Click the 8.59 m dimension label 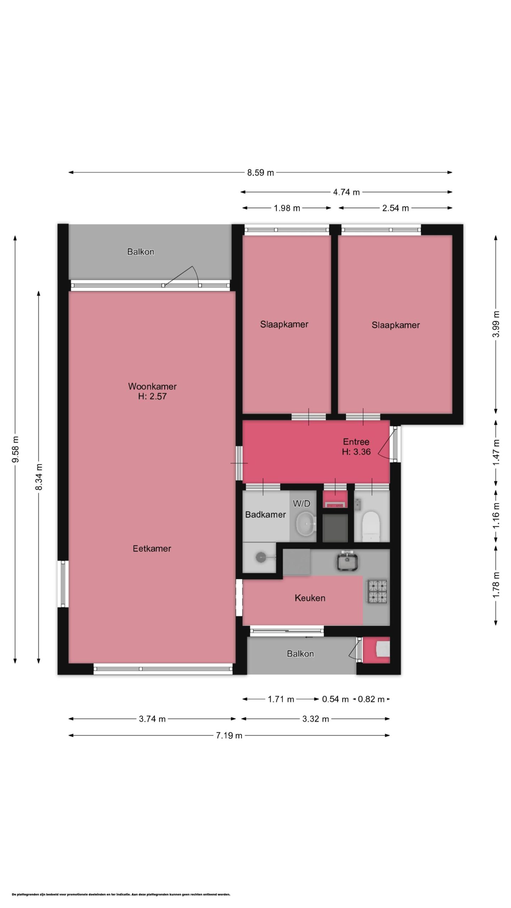pyautogui.click(x=260, y=173)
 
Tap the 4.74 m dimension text pyautogui.click(x=346, y=192)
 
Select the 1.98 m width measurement pyautogui.click(x=287, y=208)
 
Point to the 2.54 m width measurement pyautogui.click(x=395, y=208)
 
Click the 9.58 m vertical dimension pyautogui.click(x=15, y=449)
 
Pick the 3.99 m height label pyautogui.click(x=496, y=325)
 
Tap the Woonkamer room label pyautogui.click(x=152, y=386)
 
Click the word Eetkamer pyautogui.click(x=152, y=548)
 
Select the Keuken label pyautogui.click(x=310, y=598)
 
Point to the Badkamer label pyautogui.click(x=265, y=514)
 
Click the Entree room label pyautogui.click(x=356, y=442)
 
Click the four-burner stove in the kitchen pyautogui.click(x=378, y=592)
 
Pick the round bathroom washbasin pyautogui.click(x=306, y=523)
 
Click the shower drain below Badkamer pyautogui.click(x=262, y=557)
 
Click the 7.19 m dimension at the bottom pyautogui.click(x=229, y=735)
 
